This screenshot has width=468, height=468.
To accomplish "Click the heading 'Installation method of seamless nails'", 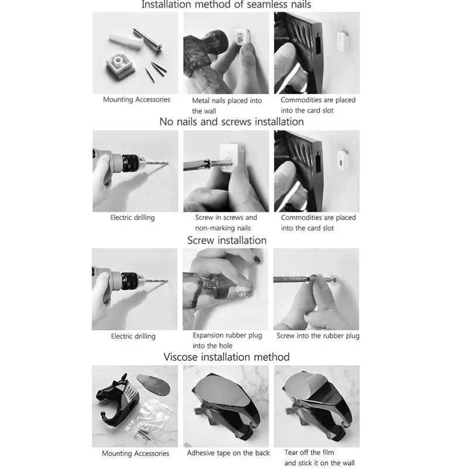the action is click(x=226, y=5).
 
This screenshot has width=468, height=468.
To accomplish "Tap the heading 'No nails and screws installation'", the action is click(x=232, y=122).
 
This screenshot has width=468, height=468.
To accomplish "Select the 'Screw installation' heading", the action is click(x=227, y=240).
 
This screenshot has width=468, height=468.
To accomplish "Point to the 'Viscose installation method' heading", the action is click(x=226, y=357).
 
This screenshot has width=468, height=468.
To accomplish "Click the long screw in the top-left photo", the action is click(x=148, y=39).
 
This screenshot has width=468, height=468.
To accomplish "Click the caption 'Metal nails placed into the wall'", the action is click(x=227, y=106).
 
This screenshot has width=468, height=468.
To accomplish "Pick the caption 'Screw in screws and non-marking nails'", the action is click(x=226, y=223).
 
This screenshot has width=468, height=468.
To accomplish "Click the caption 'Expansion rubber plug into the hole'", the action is click(x=227, y=340).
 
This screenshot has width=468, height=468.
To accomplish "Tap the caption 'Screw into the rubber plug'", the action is click(x=318, y=336).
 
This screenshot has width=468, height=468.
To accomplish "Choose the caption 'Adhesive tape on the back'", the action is click(x=228, y=453).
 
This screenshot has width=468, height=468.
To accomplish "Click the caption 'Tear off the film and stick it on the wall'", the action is click(x=319, y=457).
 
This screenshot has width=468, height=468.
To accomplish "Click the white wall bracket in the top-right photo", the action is click(x=343, y=41).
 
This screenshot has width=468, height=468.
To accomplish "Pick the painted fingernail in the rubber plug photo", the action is click(x=257, y=258).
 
